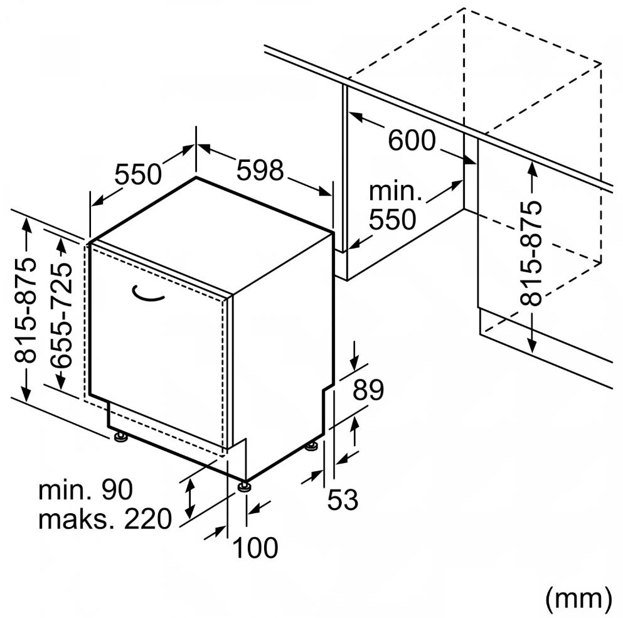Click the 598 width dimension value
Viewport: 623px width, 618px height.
[x=260, y=170]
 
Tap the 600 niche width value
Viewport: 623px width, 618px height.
[x=412, y=140]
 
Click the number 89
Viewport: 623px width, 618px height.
[x=368, y=390]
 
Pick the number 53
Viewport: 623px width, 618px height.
[x=343, y=500]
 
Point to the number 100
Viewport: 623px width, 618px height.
[x=255, y=548]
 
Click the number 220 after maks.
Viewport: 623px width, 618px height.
[x=148, y=519]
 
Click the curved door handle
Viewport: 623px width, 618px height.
[x=149, y=294]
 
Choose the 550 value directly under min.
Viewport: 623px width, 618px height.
[x=392, y=220]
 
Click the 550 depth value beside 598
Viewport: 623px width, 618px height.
[x=139, y=174]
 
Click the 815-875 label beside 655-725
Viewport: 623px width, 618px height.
[x=26, y=310]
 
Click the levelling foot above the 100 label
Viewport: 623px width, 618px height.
[x=244, y=486]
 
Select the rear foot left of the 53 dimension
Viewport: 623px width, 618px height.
[x=312, y=446]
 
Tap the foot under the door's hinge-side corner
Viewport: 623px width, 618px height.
[x=120, y=436]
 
